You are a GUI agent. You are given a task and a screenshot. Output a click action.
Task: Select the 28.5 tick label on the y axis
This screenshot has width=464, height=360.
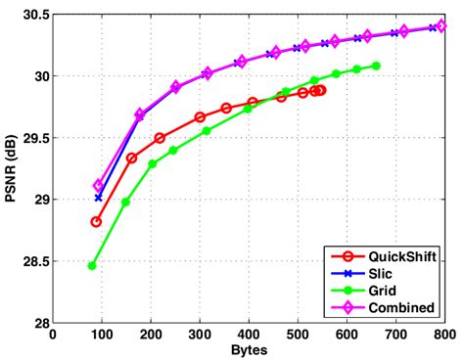click(33, 262)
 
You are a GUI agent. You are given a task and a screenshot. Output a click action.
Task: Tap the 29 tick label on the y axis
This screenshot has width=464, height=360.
click(39, 200)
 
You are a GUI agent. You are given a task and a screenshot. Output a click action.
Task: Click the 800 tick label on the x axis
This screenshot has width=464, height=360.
click(442, 335)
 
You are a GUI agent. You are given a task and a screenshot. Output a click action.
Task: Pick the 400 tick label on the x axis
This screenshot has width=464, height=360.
click(248, 335)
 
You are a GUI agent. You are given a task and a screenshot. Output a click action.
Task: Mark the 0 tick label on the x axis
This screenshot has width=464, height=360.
click(53, 335)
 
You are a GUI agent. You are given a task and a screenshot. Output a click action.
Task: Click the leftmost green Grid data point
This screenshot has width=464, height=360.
click(92, 265)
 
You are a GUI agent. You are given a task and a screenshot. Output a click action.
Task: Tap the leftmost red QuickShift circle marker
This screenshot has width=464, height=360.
click(96, 222)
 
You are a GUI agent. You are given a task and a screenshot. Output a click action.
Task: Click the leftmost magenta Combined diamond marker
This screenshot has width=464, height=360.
click(98, 186)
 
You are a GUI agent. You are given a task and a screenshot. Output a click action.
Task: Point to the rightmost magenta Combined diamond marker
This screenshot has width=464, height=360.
click(440, 26)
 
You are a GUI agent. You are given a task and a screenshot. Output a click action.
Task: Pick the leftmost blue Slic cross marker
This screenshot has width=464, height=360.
click(98, 198)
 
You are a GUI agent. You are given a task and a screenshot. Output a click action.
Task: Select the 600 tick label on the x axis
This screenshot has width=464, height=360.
click(346, 335)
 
